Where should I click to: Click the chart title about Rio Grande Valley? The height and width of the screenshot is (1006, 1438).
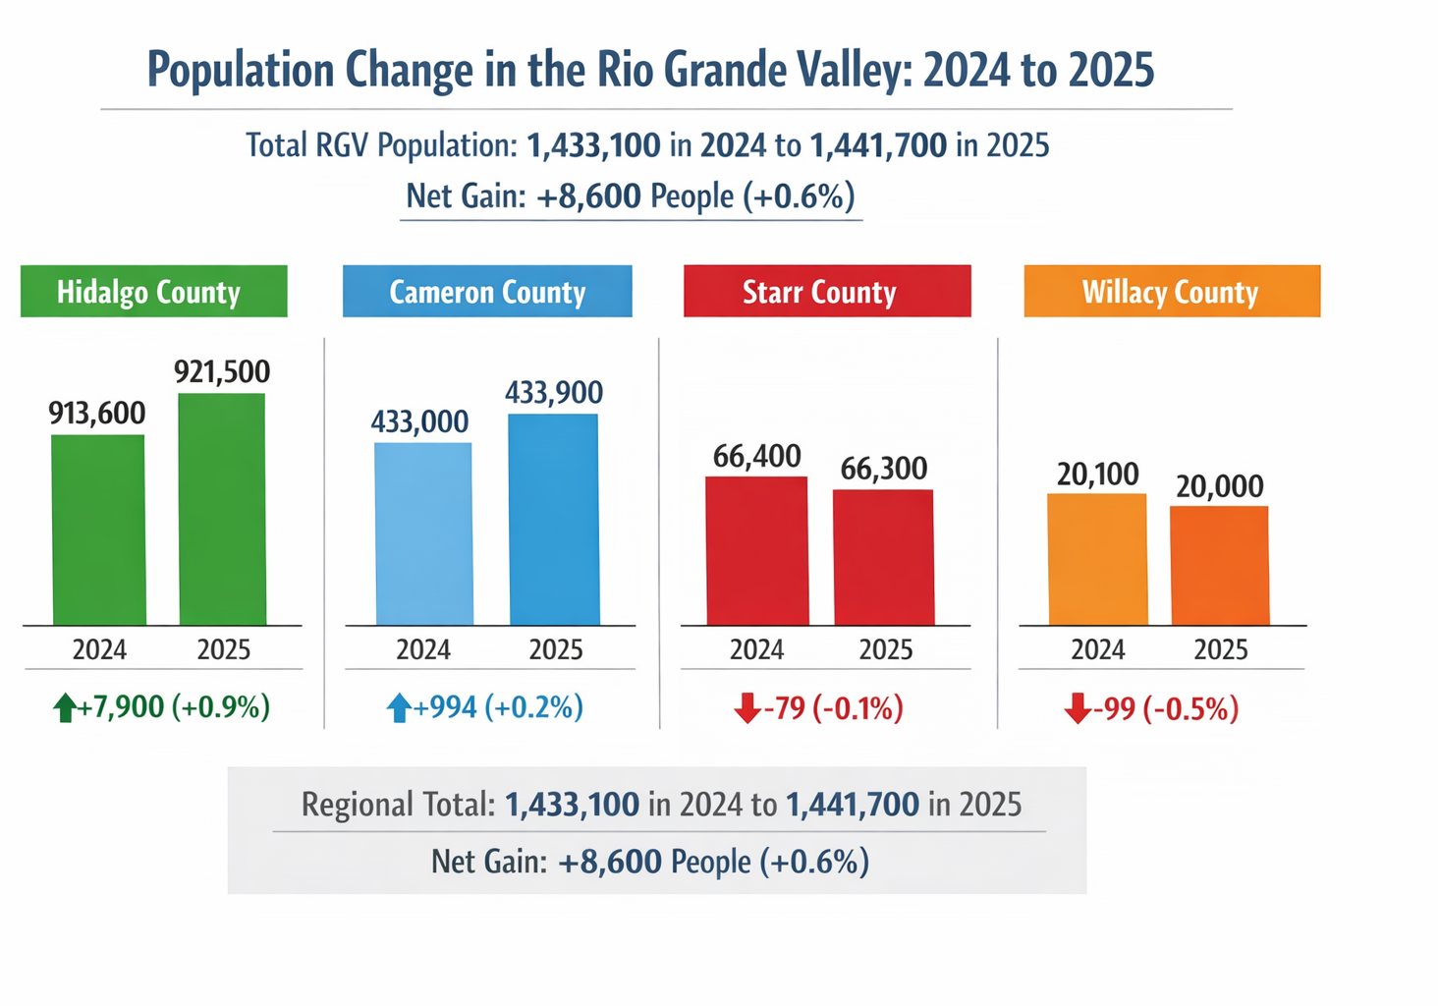coord(650,70)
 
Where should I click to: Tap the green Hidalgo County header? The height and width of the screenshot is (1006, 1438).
coord(153,292)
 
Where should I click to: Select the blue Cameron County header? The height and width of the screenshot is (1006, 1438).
coord(487,292)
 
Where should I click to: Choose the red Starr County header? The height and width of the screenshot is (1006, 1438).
coord(826,292)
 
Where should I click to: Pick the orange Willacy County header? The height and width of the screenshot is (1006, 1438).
coord(1171,292)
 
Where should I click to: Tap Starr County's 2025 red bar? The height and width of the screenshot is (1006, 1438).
coord(883,557)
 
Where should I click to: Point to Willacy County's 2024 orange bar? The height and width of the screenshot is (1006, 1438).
coord(1097,559)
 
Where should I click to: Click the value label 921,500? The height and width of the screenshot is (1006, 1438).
coord(222,371)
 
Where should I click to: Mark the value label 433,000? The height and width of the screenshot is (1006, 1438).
coord(419,421)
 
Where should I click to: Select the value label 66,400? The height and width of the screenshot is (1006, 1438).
coord(756,456)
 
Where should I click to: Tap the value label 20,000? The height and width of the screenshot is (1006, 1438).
coord(1220,486)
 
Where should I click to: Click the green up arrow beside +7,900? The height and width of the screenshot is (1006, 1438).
coord(65,707)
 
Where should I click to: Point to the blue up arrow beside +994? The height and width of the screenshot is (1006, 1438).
coord(399,707)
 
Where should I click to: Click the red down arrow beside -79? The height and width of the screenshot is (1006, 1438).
coord(747,707)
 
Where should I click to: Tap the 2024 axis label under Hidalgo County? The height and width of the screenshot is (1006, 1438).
coord(99,649)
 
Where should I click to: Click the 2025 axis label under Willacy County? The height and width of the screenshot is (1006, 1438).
coord(1220,649)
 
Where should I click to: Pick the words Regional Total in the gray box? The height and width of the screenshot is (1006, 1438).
coord(398,805)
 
